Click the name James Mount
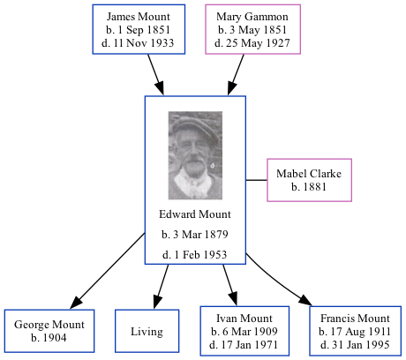click(x=139, y=17)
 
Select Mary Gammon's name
click(x=252, y=17)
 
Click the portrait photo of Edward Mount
click(x=195, y=155)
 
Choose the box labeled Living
click(x=147, y=332)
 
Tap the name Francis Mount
click(x=355, y=319)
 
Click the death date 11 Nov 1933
click(x=139, y=43)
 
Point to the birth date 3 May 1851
click(x=252, y=30)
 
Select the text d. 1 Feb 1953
click(x=195, y=255)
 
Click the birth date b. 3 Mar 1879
click(x=195, y=235)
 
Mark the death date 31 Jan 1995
click(x=355, y=343)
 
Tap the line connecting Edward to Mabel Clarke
click(x=256, y=180)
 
